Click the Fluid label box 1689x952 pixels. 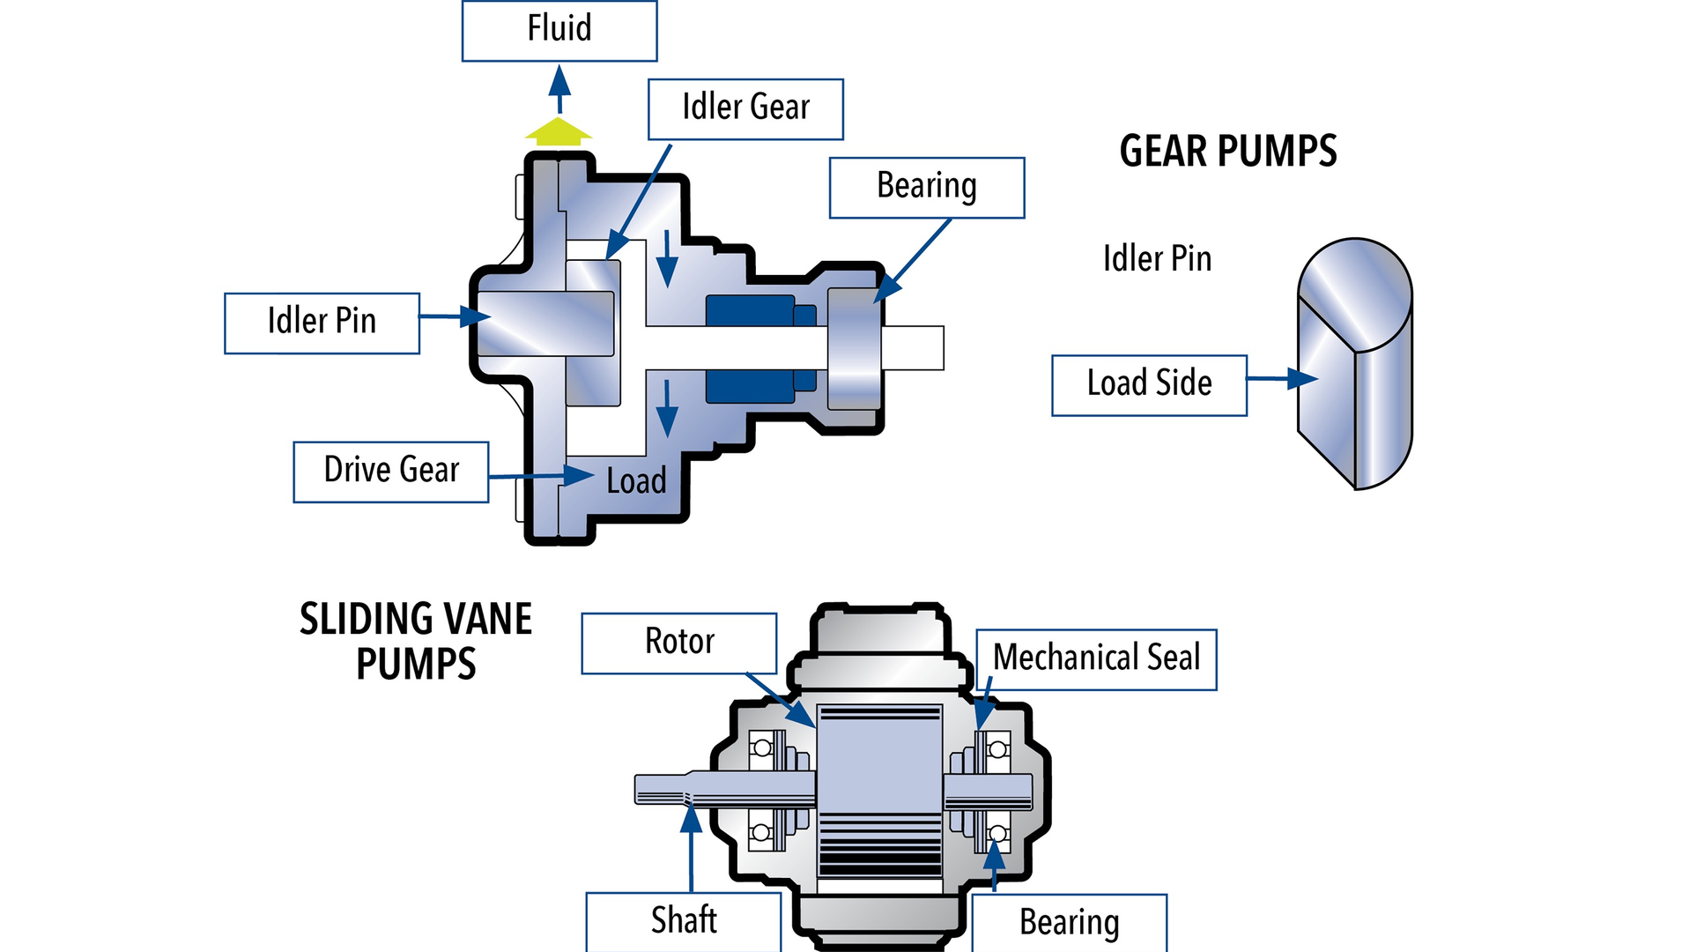point(559,31)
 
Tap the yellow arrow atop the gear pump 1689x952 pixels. point(559,131)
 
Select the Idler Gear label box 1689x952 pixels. point(745,108)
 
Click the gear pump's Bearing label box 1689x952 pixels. point(927,187)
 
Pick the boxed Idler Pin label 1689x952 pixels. point(322,323)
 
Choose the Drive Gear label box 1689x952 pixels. point(390,472)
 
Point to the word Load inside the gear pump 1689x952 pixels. point(636,481)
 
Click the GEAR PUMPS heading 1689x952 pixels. point(1227,151)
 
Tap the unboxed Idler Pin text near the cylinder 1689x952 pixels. point(1157,259)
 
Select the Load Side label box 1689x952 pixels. point(1149,384)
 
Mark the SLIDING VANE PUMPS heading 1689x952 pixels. point(416,641)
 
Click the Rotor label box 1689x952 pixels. point(678,643)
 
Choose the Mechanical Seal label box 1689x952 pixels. point(1096,658)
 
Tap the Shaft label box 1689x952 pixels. point(684,921)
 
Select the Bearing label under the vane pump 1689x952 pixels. point(1069,923)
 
